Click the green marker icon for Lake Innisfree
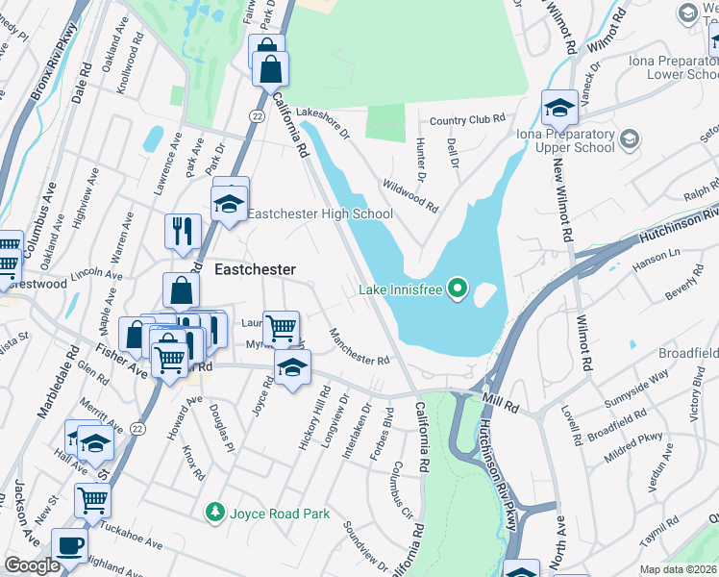[459, 288]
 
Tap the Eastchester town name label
[254, 270]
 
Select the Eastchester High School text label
[320, 214]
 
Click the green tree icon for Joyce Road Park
[216, 513]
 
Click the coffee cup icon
[69, 543]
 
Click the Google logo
[32, 566]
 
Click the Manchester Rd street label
[359, 347]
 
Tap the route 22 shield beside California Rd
[256, 115]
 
